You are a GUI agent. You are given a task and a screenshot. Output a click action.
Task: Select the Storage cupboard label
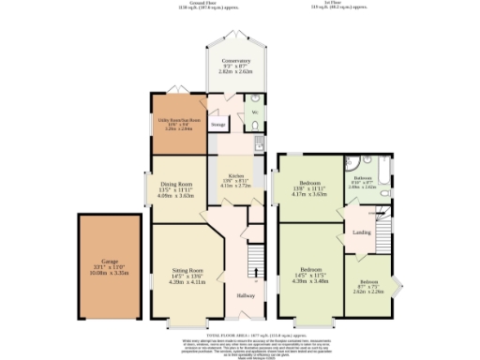[x=217, y=124]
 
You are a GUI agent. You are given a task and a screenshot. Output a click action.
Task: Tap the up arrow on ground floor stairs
[x=254, y=279]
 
